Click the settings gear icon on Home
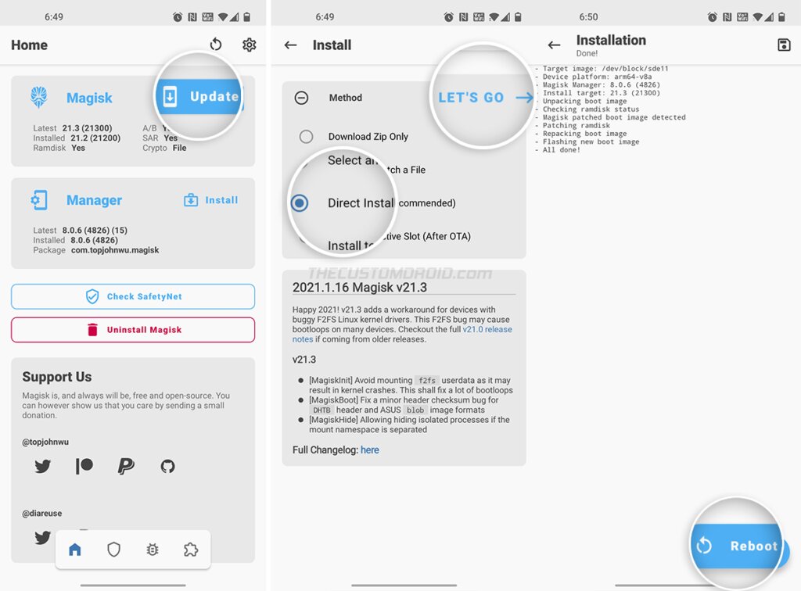click(x=249, y=45)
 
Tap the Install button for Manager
click(x=211, y=200)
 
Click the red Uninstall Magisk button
click(x=133, y=330)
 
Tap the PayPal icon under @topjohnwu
click(x=125, y=467)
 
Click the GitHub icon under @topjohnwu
click(x=167, y=467)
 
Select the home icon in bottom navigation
click(x=75, y=550)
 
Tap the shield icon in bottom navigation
click(x=113, y=550)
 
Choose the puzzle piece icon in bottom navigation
click(x=190, y=550)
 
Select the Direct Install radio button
click(x=300, y=203)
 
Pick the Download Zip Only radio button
click(x=307, y=137)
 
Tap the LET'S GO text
click(x=471, y=98)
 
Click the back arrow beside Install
click(x=291, y=45)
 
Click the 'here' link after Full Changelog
click(x=370, y=450)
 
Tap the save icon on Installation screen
click(x=784, y=45)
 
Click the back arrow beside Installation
click(x=554, y=45)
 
